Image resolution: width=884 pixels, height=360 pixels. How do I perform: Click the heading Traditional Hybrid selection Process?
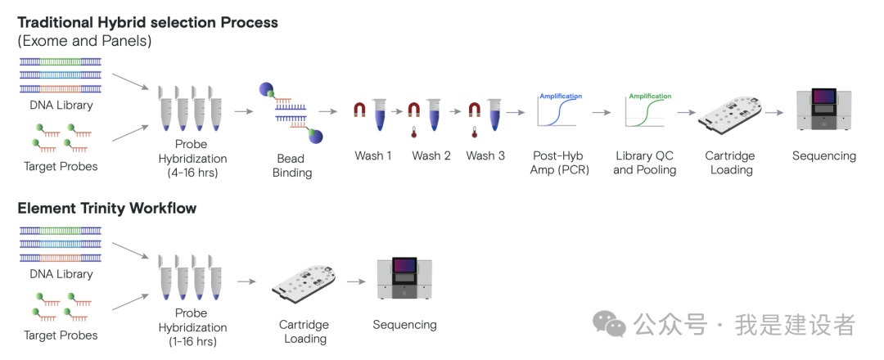point(148,22)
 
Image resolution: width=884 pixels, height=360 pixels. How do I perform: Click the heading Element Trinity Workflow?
point(107,208)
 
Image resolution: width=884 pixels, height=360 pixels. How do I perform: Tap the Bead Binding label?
point(290,165)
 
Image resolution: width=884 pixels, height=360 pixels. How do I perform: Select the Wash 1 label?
point(373,155)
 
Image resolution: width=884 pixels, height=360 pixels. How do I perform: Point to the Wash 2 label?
point(431,155)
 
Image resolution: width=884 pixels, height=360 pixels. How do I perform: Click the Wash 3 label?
point(485,155)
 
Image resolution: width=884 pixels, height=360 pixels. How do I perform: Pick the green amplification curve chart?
point(649,110)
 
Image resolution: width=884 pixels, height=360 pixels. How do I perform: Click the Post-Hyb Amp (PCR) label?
point(559,162)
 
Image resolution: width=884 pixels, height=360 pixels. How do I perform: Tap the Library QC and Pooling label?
point(645,162)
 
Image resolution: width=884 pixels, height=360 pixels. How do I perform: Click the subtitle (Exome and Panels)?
point(84,41)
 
